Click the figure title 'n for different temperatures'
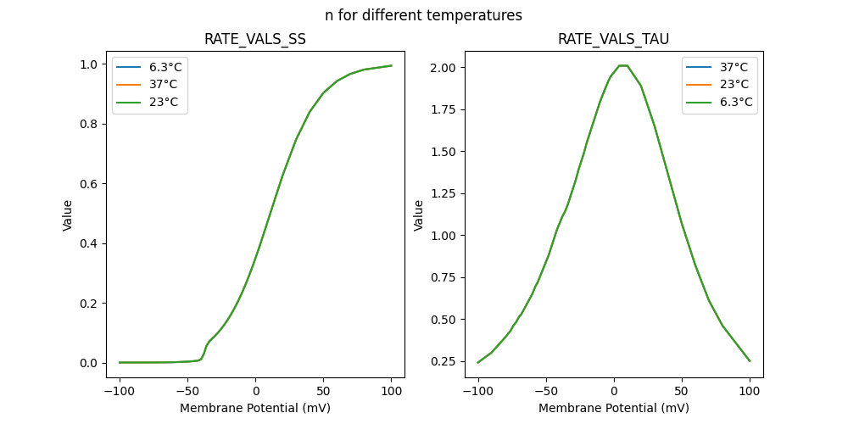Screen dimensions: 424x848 pyautogui.click(x=423, y=15)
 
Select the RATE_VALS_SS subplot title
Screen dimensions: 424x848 pyautogui.click(x=255, y=39)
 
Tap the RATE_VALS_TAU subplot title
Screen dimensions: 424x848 pyautogui.click(x=613, y=39)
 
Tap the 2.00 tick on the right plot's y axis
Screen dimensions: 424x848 pyautogui.click(x=447, y=68)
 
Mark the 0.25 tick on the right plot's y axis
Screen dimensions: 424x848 pyautogui.click(x=447, y=361)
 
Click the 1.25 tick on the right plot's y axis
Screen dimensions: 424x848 pyautogui.click(x=447, y=193)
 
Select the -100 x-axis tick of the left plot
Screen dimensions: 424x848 pyautogui.click(x=120, y=391)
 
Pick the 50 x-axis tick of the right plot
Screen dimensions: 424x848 pyautogui.click(x=682, y=391)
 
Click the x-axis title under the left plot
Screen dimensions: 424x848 pyautogui.click(x=255, y=408)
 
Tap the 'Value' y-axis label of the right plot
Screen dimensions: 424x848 pyautogui.click(x=419, y=215)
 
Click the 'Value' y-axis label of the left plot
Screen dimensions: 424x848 pyautogui.click(x=68, y=215)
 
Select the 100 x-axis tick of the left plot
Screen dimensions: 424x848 pyautogui.click(x=391, y=391)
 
